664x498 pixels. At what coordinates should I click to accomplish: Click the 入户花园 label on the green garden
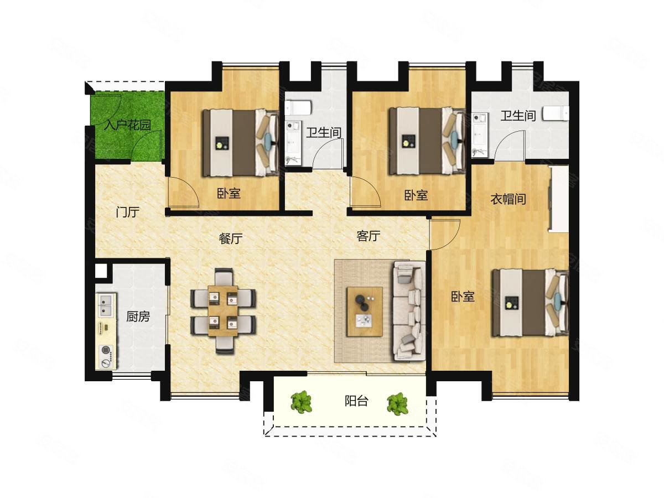[127, 125]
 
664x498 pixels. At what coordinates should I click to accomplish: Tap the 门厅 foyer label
[128, 212]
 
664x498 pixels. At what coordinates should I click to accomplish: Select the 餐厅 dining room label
[231, 238]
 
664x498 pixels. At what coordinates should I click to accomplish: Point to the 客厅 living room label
[368, 236]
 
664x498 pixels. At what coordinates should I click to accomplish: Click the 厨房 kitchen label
[138, 317]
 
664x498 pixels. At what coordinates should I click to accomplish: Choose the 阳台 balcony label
[356, 401]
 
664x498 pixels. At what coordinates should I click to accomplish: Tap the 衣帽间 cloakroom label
[508, 199]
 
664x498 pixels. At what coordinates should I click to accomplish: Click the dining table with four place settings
[223, 311]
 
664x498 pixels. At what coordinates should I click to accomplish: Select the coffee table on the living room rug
[365, 312]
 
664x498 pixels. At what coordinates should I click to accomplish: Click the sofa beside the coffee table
[409, 311]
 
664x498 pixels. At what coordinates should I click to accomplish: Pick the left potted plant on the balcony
[302, 402]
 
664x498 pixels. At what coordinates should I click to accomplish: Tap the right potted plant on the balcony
[398, 404]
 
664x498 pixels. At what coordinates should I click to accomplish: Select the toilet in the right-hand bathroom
[556, 113]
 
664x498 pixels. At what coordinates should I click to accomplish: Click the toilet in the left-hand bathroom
[298, 108]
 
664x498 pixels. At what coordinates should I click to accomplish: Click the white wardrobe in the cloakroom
[559, 199]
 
